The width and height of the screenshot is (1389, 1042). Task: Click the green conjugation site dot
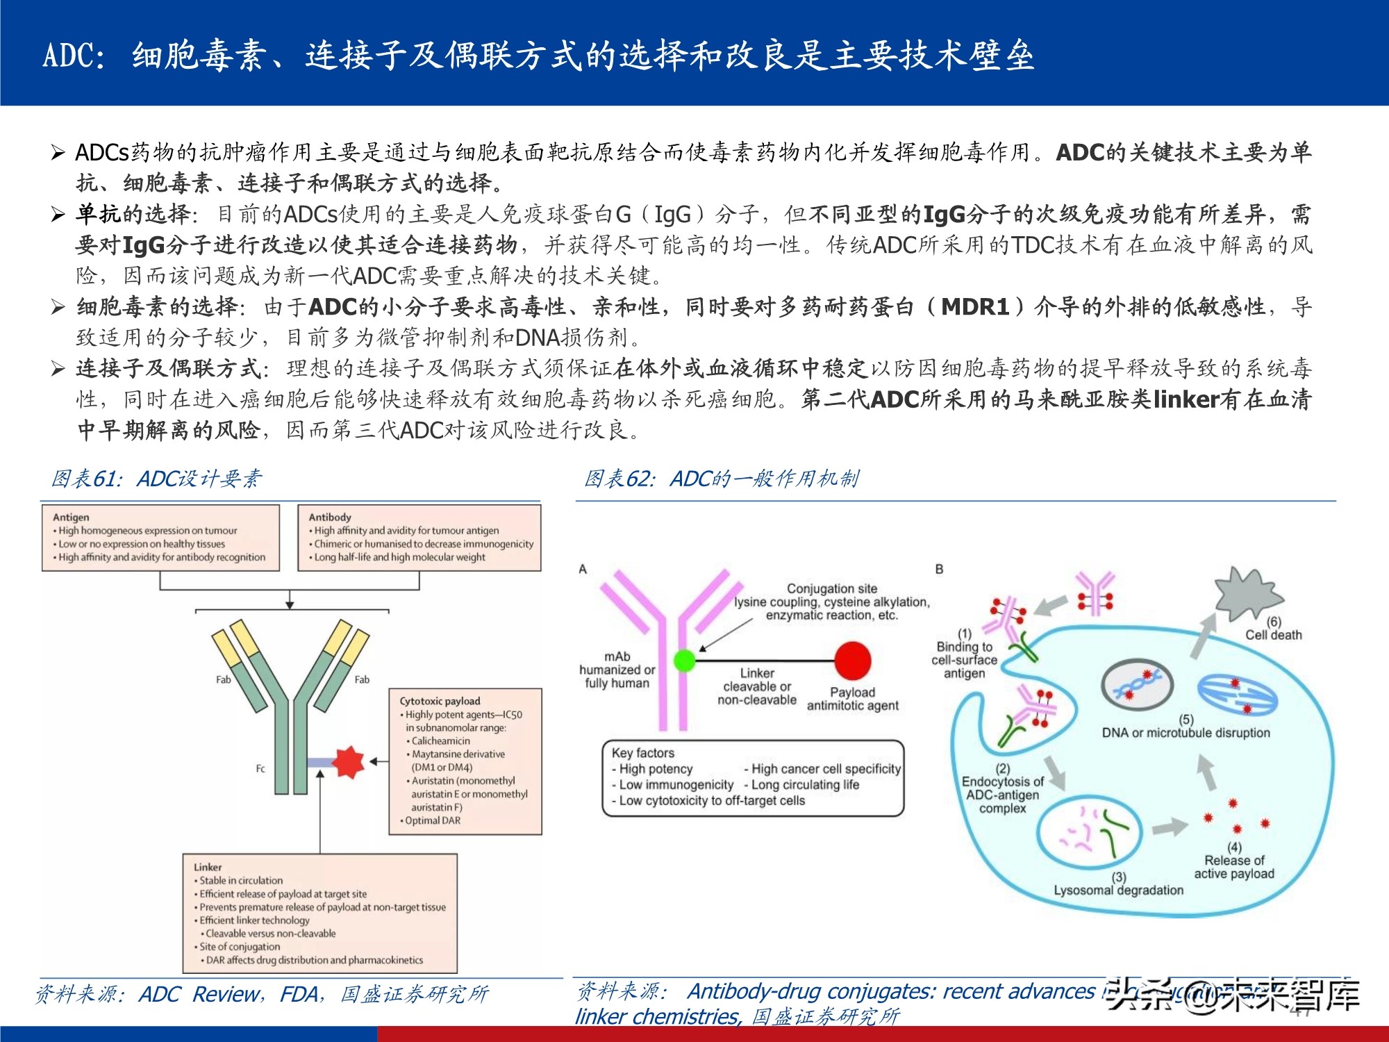coord(684,659)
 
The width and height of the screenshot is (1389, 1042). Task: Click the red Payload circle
coord(852,660)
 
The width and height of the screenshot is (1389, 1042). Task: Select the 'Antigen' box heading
coord(71,517)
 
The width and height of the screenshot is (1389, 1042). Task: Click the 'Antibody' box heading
coord(330,517)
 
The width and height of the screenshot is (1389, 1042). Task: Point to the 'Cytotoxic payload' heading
coord(440,701)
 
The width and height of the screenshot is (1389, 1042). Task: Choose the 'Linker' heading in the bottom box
coord(208,867)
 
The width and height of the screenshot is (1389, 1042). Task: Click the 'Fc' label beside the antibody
coord(260,768)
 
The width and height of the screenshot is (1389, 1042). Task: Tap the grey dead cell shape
coord(1247,593)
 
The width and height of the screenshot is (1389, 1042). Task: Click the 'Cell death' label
coord(1273,635)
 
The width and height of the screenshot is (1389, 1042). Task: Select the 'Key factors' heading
coord(642,753)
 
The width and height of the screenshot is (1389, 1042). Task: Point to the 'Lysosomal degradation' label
coord(1118,890)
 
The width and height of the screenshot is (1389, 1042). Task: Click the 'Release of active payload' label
coord(1234,867)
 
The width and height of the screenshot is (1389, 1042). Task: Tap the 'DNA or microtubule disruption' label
coord(1186,732)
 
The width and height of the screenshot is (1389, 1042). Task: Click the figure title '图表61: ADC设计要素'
coord(157,479)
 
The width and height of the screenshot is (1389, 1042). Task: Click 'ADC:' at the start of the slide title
coord(74,56)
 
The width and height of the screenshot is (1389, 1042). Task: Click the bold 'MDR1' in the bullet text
coord(974,307)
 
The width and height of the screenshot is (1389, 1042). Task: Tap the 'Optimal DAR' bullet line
coord(432,820)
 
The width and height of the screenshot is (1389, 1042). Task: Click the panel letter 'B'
coord(939,569)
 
